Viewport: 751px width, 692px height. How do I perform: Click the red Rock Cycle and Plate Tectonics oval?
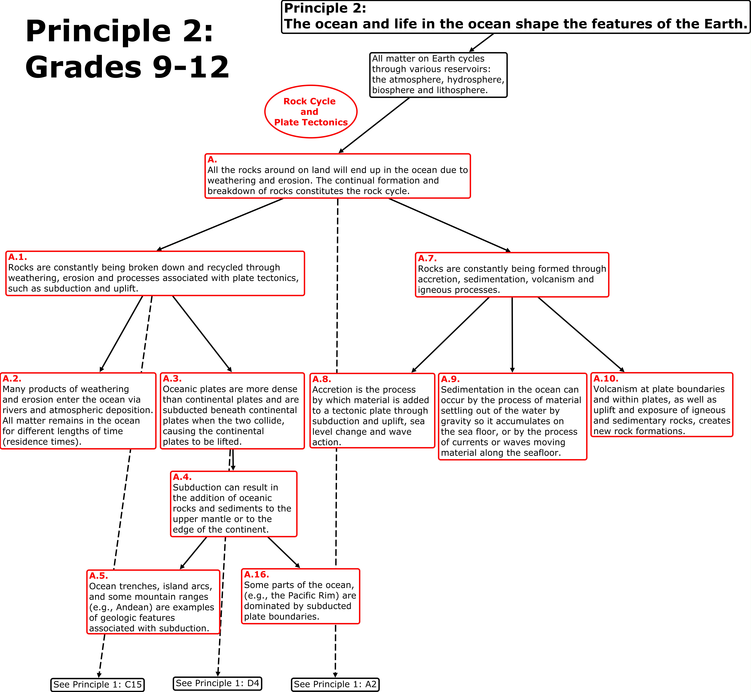pos(311,112)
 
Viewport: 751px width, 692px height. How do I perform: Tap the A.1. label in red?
pos(18,257)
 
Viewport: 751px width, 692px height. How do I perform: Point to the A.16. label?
pos(256,574)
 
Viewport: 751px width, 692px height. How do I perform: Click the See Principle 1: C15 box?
pos(97,685)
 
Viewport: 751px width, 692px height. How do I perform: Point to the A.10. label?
pos(606,379)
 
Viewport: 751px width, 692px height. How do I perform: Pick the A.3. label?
pos(172,379)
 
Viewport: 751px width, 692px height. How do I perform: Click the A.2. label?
pos(12,379)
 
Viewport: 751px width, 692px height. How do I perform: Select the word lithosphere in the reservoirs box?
pos(465,90)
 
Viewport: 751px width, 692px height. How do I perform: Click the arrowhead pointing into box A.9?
pos(512,370)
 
